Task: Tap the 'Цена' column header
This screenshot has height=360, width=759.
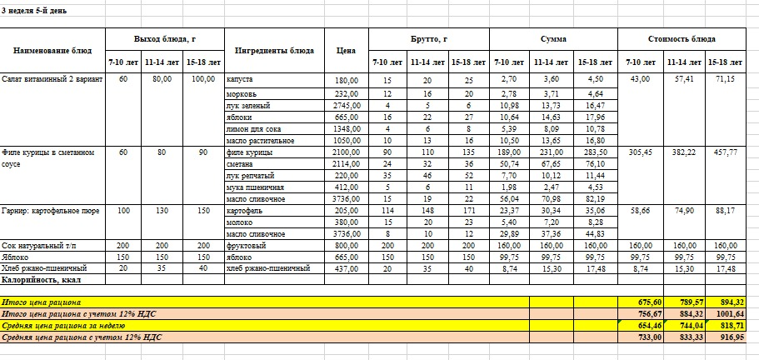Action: (346, 50)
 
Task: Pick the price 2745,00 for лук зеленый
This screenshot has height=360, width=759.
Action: (345, 106)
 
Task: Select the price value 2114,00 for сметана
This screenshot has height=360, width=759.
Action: (345, 165)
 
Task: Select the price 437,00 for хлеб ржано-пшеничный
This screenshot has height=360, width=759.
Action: (345, 269)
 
